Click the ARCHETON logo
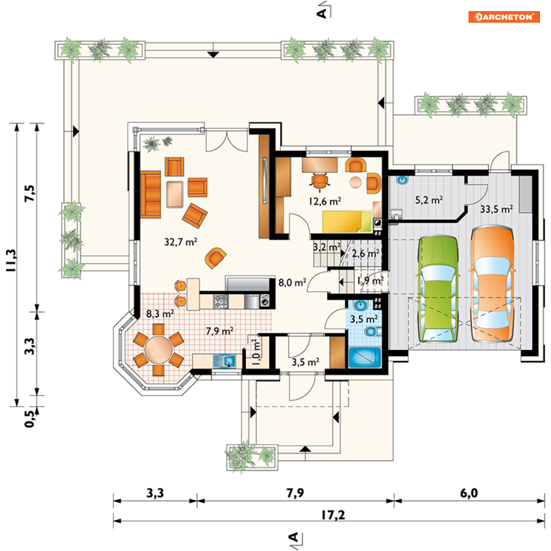(x=503, y=17)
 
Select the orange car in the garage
(x=493, y=284)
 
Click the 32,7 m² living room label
(x=181, y=242)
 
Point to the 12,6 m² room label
(x=325, y=202)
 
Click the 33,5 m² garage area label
(x=496, y=209)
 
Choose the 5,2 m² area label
(x=429, y=200)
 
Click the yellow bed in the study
(x=347, y=222)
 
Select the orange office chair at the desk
(x=320, y=181)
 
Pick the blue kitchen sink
(x=224, y=361)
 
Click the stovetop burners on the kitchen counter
(x=221, y=301)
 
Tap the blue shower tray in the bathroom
(x=365, y=357)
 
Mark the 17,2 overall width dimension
(x=333, y=515)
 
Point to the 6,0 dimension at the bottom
(x=469, y=493)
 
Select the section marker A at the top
(x=322, y=13)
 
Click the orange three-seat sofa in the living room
(x=151, y=194)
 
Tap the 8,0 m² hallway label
(x=292, y=282)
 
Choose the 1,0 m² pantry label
(x=257, y=352)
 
